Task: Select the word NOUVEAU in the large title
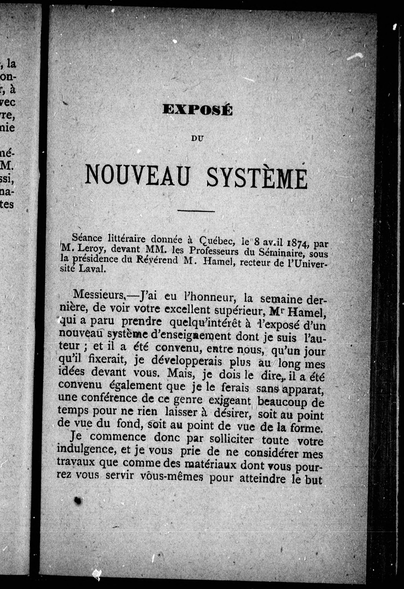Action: pos(137,175)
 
